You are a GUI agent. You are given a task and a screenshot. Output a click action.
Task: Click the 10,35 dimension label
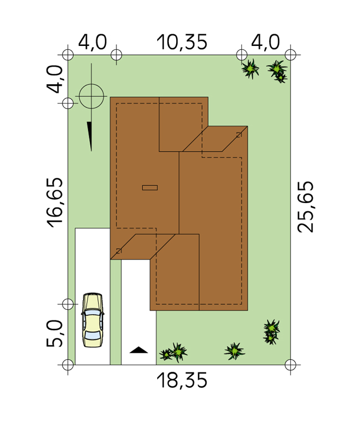point(182,42)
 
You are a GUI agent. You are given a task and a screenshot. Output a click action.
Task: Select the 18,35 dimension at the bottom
point(182,380)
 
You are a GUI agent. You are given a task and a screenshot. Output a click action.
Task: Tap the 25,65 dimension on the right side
point(306,207)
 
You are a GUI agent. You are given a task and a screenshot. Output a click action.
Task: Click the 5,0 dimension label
point(55,333)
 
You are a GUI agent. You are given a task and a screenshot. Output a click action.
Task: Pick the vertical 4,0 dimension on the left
point(55,79)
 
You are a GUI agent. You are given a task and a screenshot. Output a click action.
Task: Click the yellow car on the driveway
point(92,320)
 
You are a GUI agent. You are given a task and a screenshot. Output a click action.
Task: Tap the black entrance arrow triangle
point(138,350)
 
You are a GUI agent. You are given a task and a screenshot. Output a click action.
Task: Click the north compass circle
point(91,96)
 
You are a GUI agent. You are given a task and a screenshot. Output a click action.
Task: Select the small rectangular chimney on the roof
point(150,188)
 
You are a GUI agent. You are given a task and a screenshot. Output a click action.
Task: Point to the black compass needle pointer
point(90,136)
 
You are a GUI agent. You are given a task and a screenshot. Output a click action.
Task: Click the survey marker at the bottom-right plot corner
point(291,365)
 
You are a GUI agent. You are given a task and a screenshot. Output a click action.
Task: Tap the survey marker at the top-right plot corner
point(291,55)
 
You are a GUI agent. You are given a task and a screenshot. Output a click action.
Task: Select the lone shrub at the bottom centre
point(234,351)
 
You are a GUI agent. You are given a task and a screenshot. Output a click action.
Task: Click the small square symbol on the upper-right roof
point(239,134)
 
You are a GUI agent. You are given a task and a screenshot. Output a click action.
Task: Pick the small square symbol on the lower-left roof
point(119,251)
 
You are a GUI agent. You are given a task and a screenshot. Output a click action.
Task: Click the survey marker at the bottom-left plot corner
point(68,365)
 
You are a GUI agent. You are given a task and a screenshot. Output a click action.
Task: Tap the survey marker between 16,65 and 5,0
point(68,304)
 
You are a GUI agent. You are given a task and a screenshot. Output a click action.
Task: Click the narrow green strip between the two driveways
point(116,312)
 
